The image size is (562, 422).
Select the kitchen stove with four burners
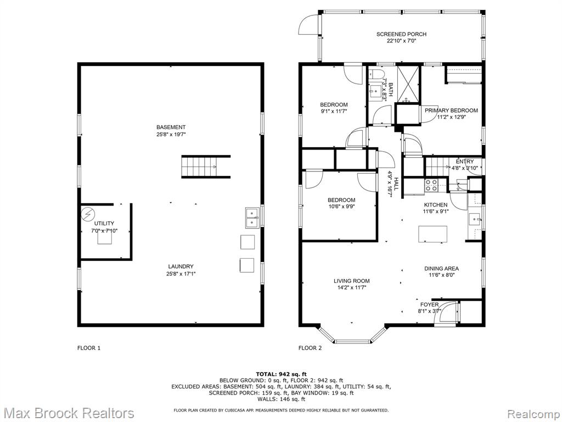tap(431, 185)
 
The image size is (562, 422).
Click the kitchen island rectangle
tap(432, 234)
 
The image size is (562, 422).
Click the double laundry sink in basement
tap(252, 218)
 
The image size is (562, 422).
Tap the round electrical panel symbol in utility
tap(87, 214)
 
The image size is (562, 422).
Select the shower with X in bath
tap(408, 84)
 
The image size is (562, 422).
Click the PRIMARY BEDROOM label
tap(451, 110)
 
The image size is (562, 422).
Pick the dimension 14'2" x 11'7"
tap(351, 287)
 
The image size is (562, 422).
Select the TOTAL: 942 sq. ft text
tap(281, 374)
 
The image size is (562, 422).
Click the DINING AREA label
tap(441, 268)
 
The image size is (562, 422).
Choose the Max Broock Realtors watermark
tap(68, 413)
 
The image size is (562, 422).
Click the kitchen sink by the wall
tap(475, 219)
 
